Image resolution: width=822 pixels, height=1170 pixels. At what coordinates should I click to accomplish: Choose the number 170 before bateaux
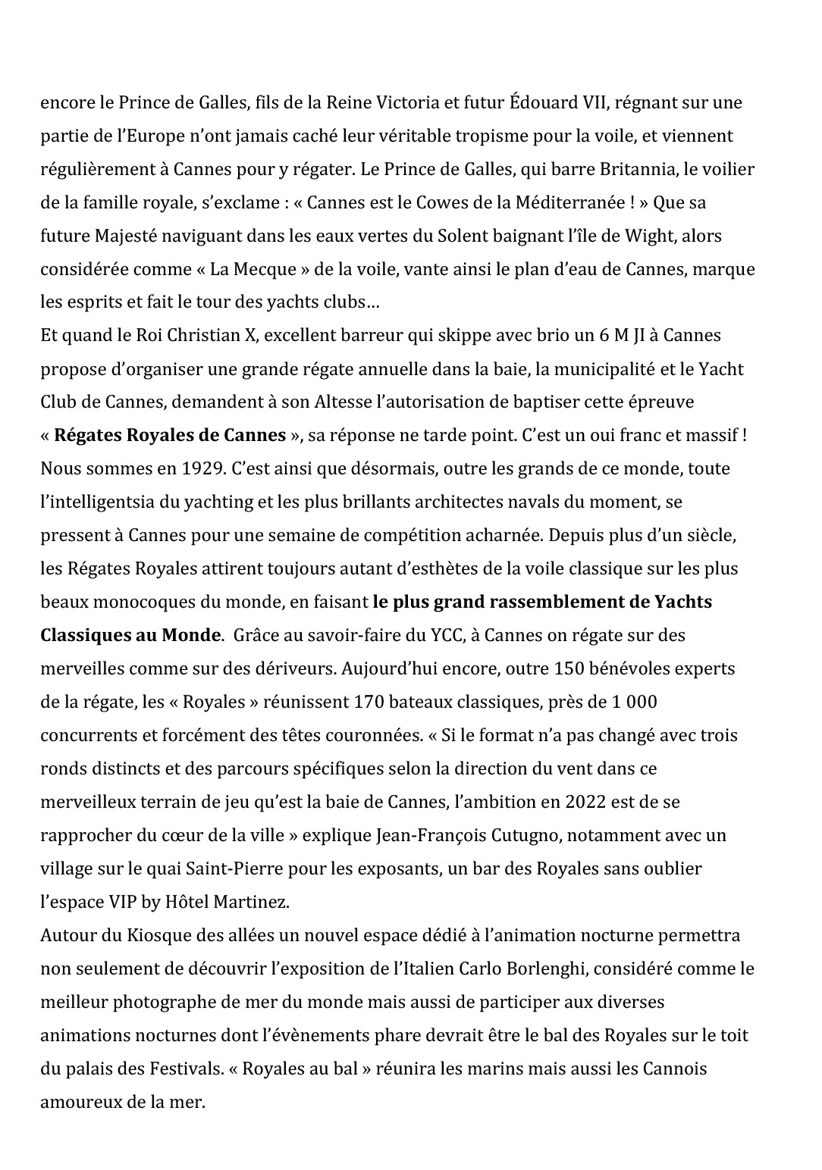pos(370,702)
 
